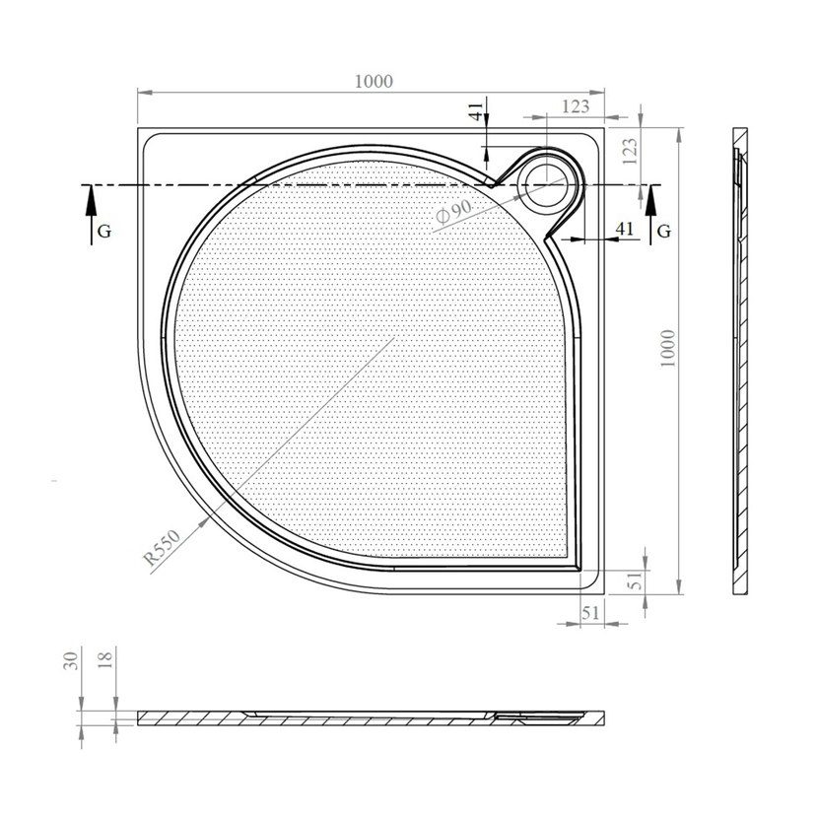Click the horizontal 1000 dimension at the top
[x=374, y=82]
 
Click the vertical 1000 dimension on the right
[x=668, y=349]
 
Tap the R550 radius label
[x=163, y=547]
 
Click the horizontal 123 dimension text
[x=576, y=106]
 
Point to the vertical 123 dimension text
[x=630, y=152]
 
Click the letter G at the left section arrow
[x=104, y=231]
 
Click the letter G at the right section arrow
[x=663, y=231]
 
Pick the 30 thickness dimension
[x=71, y=661]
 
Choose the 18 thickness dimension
[x=104, y=659]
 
